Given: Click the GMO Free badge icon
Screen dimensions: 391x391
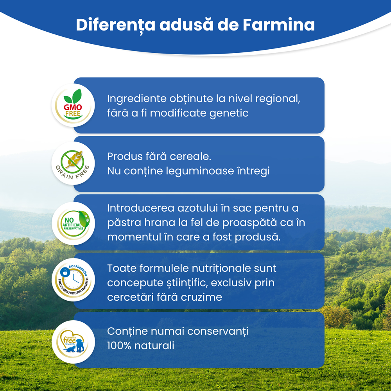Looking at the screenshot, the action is (73, 105).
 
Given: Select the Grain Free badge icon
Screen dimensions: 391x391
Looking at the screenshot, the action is (73, 163).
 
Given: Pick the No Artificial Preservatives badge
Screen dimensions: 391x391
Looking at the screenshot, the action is (73, 223).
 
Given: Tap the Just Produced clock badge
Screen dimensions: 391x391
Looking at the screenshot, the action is (73, 280).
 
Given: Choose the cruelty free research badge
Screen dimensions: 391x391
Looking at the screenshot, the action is (73, 342).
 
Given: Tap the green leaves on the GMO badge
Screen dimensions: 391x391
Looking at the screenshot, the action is (73, 97).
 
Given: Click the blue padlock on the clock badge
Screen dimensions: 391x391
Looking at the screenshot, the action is (65, 273).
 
